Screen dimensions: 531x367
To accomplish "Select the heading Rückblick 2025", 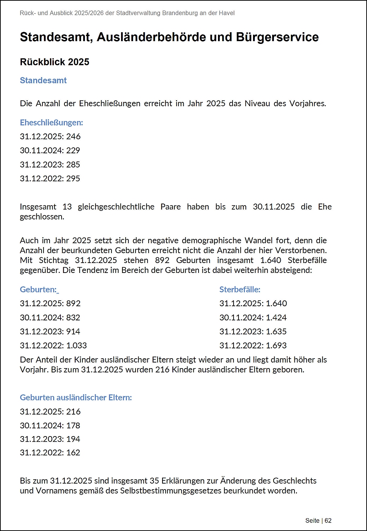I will pos(55,62).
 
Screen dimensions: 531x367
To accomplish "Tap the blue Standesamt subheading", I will pos(43,80).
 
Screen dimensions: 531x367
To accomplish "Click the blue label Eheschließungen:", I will pos(51,122).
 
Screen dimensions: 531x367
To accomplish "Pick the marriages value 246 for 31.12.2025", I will pos(73,136).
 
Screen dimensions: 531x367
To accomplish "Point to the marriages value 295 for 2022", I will pos(73,178).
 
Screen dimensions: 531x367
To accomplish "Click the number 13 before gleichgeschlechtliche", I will pos(67,207).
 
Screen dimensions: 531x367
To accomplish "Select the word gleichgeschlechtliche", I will pos(116,207).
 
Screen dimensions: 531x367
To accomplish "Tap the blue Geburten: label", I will pos(38,289).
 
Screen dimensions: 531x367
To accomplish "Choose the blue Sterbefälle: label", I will pos(240,289).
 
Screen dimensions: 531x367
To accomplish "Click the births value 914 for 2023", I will pos(73,331).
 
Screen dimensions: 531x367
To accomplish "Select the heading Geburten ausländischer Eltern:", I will pos(76,397).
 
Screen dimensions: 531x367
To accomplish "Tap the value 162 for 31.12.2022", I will pos(73,452).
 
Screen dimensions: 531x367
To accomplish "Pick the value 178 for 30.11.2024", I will pos(73,425).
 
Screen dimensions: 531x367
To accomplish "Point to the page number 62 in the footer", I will pos(328,520).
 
